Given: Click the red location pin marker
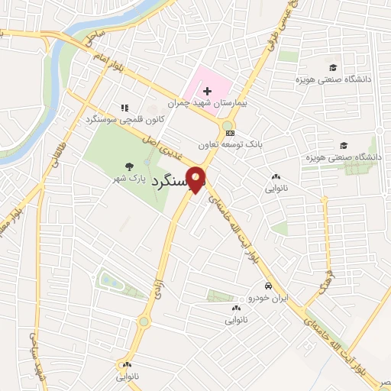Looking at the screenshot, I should click(197, 181).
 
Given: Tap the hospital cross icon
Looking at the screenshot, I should click(207, 91).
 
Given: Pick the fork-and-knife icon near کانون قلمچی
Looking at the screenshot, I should click(124, 108).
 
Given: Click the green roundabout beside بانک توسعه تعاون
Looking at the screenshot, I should click(227, 125).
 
